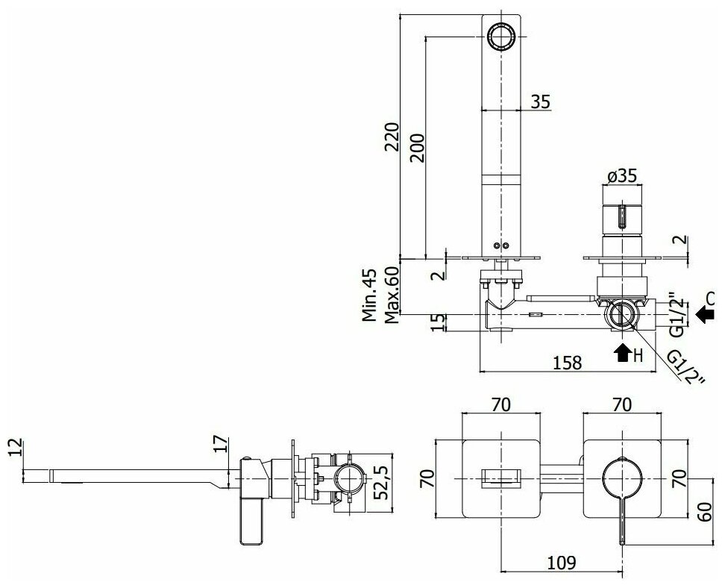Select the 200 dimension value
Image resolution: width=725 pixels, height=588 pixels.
click(417, 147)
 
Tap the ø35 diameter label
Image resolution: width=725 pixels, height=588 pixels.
click(621, 176)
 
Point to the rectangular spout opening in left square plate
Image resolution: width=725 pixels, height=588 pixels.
click(500, 477)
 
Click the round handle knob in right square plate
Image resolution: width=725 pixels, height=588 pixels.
click(621, 478)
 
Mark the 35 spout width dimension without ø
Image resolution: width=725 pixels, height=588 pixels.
click(541, 101)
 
